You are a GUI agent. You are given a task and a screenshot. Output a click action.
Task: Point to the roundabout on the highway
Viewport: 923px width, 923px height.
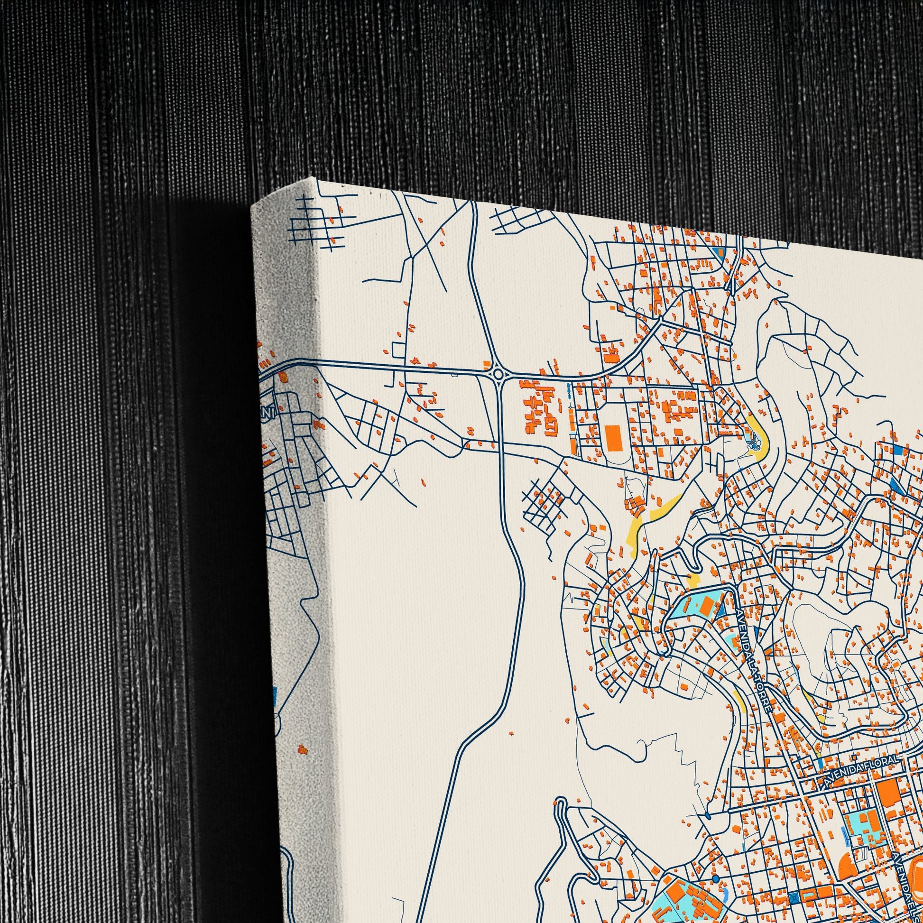coord(498,373)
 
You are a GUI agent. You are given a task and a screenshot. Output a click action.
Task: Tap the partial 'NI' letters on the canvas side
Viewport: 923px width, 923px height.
coord(268,412)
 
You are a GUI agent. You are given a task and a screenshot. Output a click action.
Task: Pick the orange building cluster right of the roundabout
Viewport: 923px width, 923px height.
coord(540,406)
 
